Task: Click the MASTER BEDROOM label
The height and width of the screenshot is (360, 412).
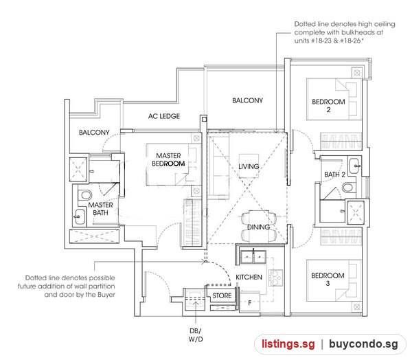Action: pyautogui.click(x=168, y=159)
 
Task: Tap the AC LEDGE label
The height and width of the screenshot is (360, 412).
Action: pyautogui.click(x=164, y=116)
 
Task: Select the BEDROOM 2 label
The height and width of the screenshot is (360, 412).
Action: pyautogui.click(x=328, y=106)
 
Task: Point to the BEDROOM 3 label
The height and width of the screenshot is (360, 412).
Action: pyautogui.click(x=328, y=279)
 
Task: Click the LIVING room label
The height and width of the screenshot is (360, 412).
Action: pyautogui.click(x=249, y=166)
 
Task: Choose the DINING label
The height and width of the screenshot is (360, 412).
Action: pyautogui.click(x=259, y=227)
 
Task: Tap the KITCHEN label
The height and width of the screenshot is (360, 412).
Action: pyautogui.click(x=249, y=277)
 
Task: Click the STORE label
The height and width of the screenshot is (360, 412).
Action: pyautogui.click(x=222, y=295)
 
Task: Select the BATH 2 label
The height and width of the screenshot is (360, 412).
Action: pyautogui.click(x=335, y=175)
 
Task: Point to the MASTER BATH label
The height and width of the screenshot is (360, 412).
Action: pyautogui.click(x=101, y=209)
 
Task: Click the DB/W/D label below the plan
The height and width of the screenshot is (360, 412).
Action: pyautogui.click(x=196, y=335)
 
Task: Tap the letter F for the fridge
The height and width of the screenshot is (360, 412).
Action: pyautogui.click(x=250, y=303)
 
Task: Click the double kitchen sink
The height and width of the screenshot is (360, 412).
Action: pyautogui.click(x=253, y=257)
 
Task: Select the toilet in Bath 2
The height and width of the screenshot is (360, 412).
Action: pyautogui.click(x=347, y=188)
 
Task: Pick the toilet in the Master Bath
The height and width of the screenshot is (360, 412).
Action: pyautogui.click(x=86, y=195)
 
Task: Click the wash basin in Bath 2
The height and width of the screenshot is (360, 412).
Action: pyautogui.click(x=354, y=166)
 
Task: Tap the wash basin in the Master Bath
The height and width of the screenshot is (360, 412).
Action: pyautogui.click(x=80, y=216)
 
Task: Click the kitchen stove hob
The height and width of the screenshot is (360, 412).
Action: pyautogui.click(x=275, y=278)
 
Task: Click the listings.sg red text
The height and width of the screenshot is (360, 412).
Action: pyautogui.click(x=288, y=344)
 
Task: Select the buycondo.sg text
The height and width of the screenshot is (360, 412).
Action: pyautogui.click(x=363, y=344)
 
